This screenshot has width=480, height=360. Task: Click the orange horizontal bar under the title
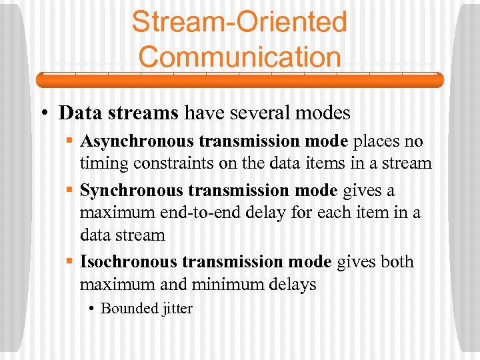coord(239,80)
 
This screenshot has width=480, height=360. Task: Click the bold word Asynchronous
coord(131,142)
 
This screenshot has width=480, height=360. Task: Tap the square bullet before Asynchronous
coord(70,142)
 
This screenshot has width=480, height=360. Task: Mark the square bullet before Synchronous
coord(70,191)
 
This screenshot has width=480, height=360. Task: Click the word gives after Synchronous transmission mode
coord(363,191)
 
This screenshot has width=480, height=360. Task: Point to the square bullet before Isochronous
coord(70,262)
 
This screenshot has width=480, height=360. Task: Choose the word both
coord(397,262)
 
